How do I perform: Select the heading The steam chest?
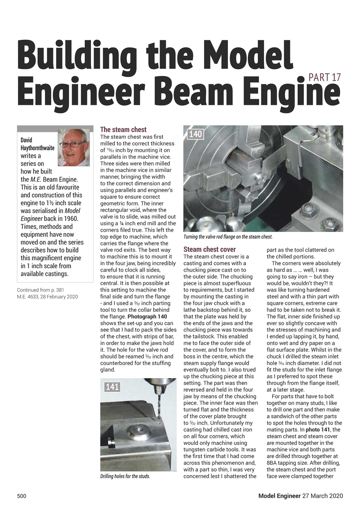tap(123, 130)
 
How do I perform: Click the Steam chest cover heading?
tap(210, 249)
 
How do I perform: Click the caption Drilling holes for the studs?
tap(125, 476)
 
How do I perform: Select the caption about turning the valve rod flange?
tap(228, 237)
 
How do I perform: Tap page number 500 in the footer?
tap(21, 496)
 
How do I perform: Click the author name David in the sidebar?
tap(26, 140)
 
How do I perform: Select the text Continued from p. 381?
tap(41, 290)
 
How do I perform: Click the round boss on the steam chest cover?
tap(137, 430)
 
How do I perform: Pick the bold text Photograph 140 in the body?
tap(147, 317)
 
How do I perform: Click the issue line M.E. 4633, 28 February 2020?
tap(47, 297)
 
